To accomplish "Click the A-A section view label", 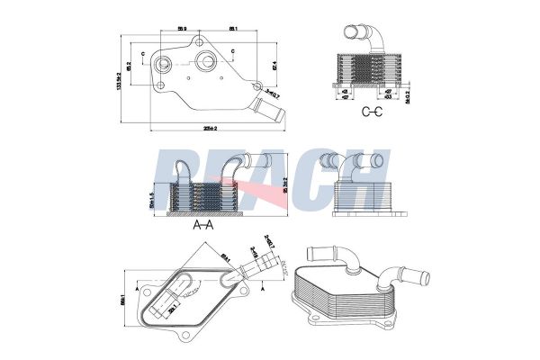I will coord(203,226).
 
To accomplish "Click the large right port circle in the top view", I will coord(206,62).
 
